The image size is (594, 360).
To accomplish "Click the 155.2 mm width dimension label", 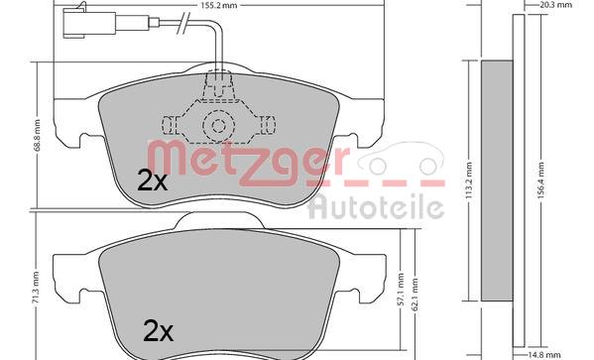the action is click(x=218, y=5).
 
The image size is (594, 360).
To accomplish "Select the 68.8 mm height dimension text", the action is click(x=37, y=135).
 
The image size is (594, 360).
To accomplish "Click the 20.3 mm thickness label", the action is click(x=555, y=5).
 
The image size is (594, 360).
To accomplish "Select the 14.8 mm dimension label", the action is click(x=544, y=355).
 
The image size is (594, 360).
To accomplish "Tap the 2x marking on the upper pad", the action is click(x=152, y=181).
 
